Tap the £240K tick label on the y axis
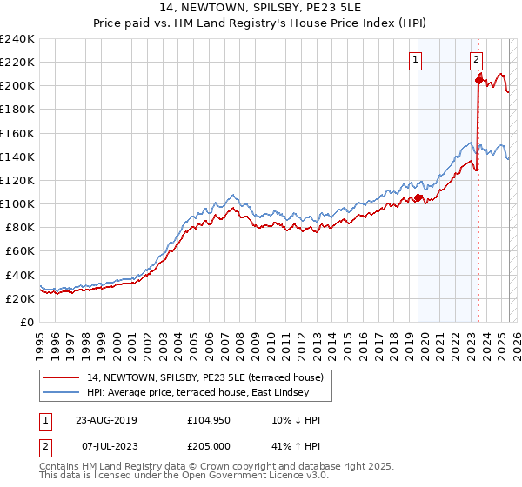click(x=17, y=39)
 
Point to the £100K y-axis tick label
click(x=17, y=203)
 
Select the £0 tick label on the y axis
click(x=26, y=322)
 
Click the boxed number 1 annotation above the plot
click(x=416, y=60)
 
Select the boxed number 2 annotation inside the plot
click(x=477, y=60)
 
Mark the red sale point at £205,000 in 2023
click(x=478, y=80)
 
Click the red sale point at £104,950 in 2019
click(x=418, y=198)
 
